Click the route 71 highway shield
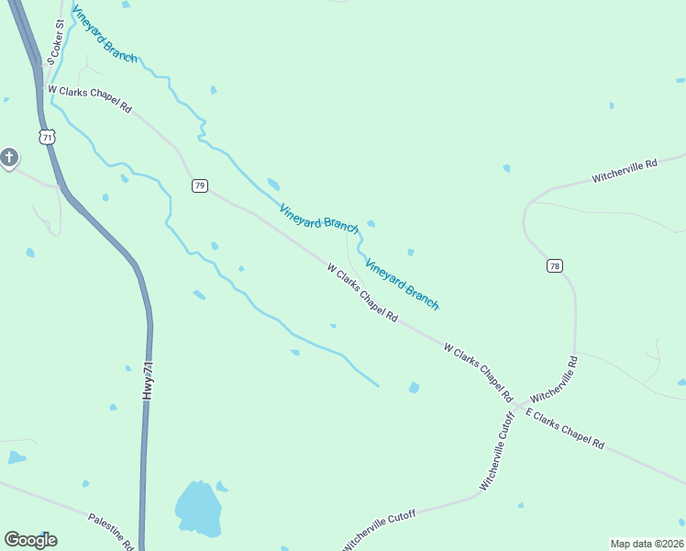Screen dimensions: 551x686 pos(48,137)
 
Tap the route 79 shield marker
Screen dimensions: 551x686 pos(200,186)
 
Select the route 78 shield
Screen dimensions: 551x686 pos(554,266)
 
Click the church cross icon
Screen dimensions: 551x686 pos(9,159)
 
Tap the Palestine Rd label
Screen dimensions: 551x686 pos(112,532)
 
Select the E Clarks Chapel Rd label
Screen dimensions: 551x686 pos(565,429)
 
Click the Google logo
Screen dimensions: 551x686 pos(31,540)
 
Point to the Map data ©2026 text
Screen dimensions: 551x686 pos(647,544)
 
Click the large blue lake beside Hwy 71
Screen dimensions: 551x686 pos(198,508)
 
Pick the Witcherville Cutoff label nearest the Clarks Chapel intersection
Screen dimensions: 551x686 pos(497,450)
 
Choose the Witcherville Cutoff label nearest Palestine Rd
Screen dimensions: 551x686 pos(380,531)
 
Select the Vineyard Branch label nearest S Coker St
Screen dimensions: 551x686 pos(105,39)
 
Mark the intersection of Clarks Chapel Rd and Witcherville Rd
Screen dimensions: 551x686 pos(518,407)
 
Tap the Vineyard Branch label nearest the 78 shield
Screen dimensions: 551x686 pos(403,285)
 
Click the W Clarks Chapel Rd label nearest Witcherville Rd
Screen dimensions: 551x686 pos(477,373)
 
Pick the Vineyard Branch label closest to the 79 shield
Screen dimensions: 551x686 pos(319,218)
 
